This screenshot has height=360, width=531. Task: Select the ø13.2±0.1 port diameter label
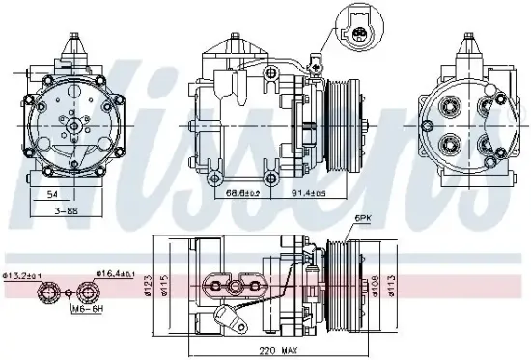[x=21, y=275]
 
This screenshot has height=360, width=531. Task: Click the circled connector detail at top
[x=360, y=30]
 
